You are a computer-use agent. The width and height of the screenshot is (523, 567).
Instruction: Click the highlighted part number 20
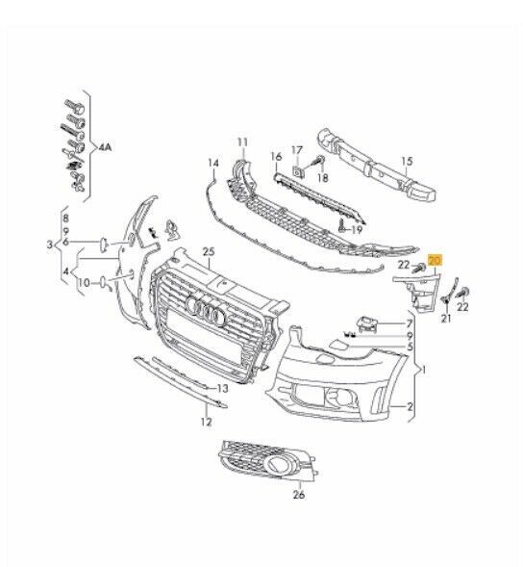coord(435,261)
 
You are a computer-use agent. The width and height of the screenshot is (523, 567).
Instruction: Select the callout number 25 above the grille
coord(207,251)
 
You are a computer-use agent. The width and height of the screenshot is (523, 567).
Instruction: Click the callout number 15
coord(407,162)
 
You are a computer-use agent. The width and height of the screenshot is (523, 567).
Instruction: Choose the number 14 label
coord(213,163)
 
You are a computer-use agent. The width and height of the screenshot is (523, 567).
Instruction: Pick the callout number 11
coord(242,142)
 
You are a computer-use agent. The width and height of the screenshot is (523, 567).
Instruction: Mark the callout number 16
coord(276,155)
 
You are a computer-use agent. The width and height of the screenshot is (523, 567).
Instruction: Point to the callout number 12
coord(205,422)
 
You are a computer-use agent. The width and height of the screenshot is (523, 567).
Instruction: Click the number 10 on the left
coord(85,284)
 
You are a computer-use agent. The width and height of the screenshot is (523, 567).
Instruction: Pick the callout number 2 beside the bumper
coord(411,407)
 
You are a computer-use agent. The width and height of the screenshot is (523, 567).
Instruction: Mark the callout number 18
coord(322,179)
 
